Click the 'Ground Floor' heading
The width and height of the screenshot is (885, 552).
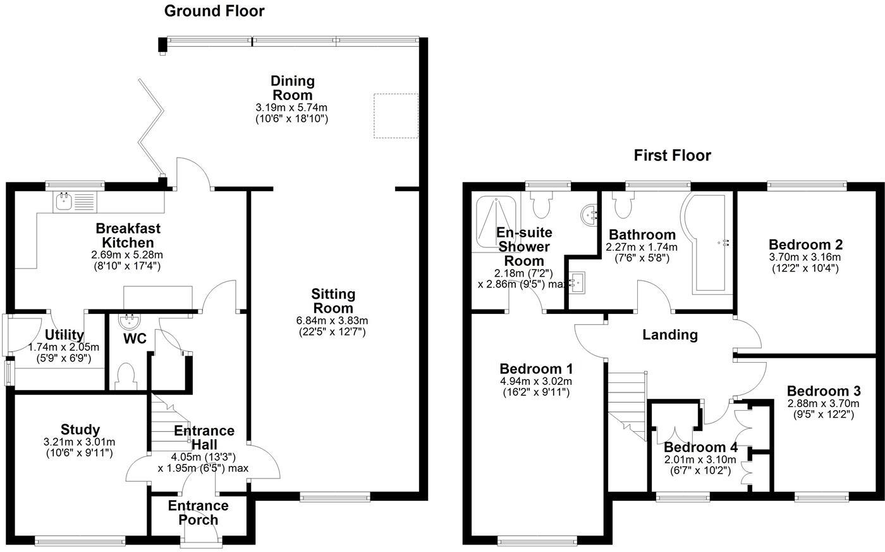(x=214, y=11)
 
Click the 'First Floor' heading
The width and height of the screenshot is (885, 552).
(x=673, y=156)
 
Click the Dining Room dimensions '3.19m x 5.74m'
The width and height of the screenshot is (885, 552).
(x=291, y=108)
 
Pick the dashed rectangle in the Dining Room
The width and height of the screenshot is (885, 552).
(x=396, y=115)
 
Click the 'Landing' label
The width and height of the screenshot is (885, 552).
(x=670, y=334)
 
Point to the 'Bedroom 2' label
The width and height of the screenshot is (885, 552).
(x=805, y=244)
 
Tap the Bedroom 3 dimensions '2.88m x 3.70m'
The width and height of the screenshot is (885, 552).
(x=823, y=403)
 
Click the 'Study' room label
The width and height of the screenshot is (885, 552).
(x=80, y=430)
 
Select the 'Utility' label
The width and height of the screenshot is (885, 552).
(x=65, y=335)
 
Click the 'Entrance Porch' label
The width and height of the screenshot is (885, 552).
(x=198, y=513)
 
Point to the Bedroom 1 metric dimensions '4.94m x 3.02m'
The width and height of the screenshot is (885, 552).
(x=535, y=381)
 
